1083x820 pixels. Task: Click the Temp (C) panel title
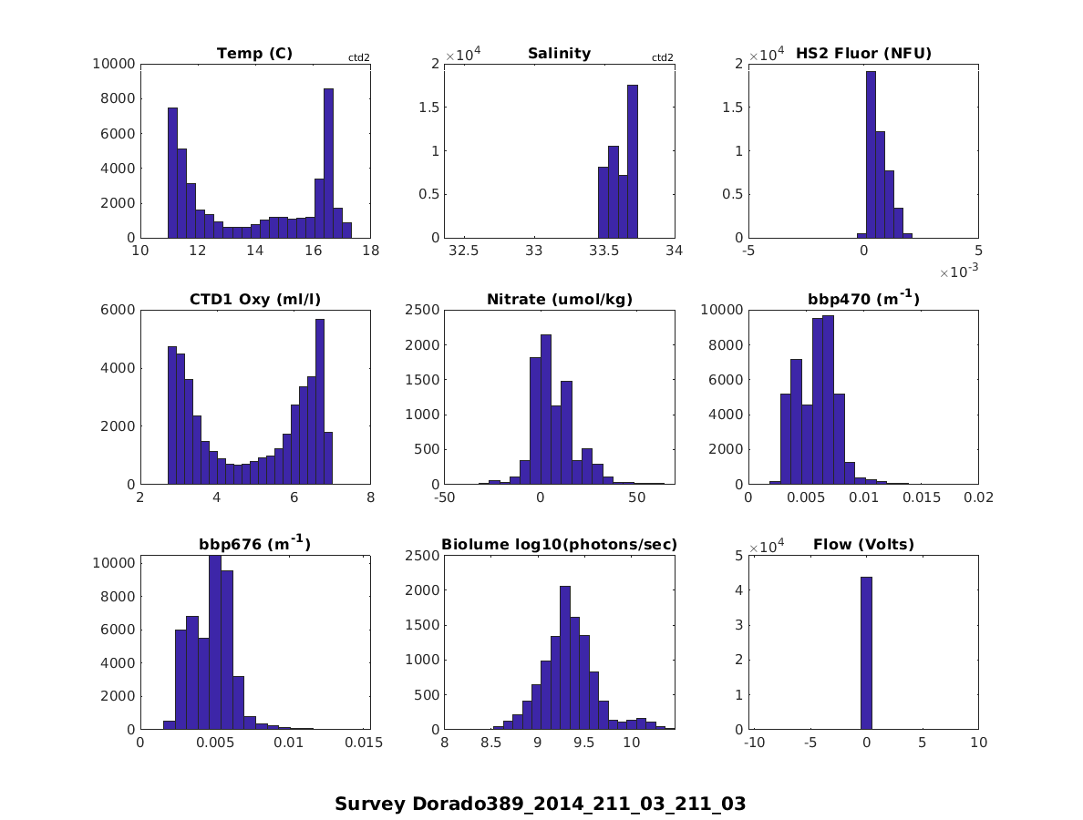(x=254, y=54)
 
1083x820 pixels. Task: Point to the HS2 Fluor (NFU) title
(x=863, y=54)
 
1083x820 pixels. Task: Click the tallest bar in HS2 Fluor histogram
(x=871, y=154)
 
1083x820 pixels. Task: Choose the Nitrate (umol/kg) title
(x=559, y=300)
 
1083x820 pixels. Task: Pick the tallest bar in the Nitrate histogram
(x=545, y=409)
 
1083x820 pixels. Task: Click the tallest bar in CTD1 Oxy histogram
(x=320, y=401)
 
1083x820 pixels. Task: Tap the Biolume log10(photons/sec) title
(x=559, y=545)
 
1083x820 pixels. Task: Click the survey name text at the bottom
(x=540, y=805)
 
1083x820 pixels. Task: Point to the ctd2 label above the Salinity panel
(x=663, y=58)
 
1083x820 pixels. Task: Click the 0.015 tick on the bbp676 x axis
(x=364, y=743)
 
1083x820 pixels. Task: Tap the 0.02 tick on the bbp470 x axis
(x=978, y=498)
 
